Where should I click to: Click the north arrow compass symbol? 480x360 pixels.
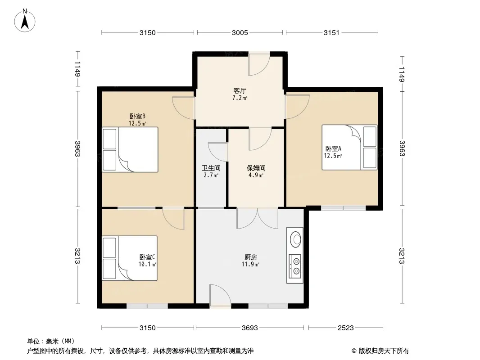25,21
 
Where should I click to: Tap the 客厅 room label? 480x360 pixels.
240,90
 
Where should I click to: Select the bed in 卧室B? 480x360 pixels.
130,149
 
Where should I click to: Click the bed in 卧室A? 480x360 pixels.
349,147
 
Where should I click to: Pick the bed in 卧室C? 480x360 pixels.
130,258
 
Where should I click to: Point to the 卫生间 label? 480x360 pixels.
211,168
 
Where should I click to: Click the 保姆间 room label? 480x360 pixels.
256,168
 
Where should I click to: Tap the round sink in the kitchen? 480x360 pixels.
296,239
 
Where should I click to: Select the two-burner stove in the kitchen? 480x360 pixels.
295,266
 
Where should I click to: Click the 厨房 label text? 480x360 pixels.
251,257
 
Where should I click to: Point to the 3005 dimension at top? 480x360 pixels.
240,32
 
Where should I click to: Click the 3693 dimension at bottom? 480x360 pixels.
250,328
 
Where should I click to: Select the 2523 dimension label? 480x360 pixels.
346,328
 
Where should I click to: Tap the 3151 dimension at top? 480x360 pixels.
331,32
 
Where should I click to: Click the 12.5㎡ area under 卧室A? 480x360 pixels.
333,156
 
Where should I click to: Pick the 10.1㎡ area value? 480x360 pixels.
147,264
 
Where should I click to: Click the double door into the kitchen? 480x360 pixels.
258,218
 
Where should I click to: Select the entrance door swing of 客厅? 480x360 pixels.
259,64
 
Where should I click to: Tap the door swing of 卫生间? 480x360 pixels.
217,152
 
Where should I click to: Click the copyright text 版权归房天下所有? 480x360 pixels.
384,351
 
